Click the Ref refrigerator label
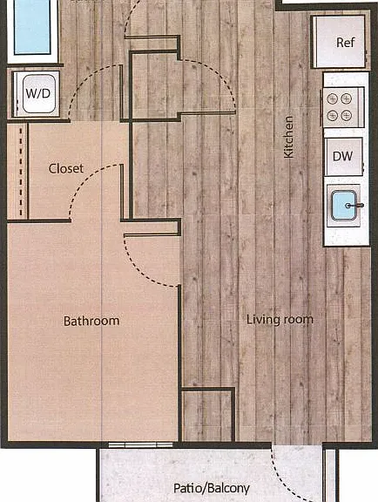(346, 42)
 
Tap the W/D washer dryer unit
(37, 94)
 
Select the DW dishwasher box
(343, 156)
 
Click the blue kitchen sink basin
(344, 205)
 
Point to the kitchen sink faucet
(354, 205)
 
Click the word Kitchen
(288, 137)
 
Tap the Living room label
(280, 320)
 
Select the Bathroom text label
(91, 321)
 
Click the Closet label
(66, 168)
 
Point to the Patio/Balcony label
(212, 488)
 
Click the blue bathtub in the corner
(32, 26)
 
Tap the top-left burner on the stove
(332, 99)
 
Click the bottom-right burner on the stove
(346, 115)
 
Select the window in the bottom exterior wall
(140, 444)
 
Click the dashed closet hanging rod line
(21, 172)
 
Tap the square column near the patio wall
(208, 414)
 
